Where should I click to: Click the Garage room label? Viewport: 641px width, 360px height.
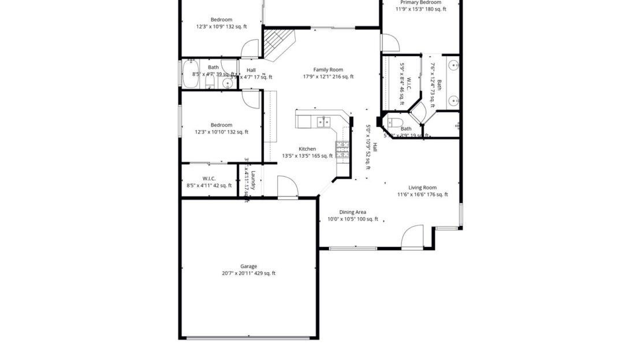tap(248, 266)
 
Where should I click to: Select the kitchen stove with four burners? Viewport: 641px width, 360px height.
tap(342, 149)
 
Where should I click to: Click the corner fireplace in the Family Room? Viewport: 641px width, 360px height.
tap(278, 44)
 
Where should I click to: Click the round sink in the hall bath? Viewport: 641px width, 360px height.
tap(227, 83)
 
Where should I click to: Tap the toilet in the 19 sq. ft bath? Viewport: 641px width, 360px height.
tap(395, 121)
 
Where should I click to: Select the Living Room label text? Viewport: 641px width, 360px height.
tap(422, 187)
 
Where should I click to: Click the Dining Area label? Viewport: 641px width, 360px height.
tap(352, 212)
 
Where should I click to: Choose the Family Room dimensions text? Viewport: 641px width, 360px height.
tap(328, 77)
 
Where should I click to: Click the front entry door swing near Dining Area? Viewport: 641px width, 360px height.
tap(412, 236)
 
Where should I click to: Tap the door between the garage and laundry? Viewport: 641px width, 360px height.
tap(287, 188)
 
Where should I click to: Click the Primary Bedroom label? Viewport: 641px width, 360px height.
tap(420, 2)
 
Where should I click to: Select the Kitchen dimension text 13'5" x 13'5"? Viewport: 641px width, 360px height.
tap(307, 156)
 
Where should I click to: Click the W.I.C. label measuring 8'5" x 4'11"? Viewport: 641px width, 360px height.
tap(209, 179)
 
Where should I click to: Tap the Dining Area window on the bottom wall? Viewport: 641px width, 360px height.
tap(353, 248)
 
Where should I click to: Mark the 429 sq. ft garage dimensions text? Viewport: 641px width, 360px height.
tap(248, 273)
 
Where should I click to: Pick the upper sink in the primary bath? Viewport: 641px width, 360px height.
tap(454, 64)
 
